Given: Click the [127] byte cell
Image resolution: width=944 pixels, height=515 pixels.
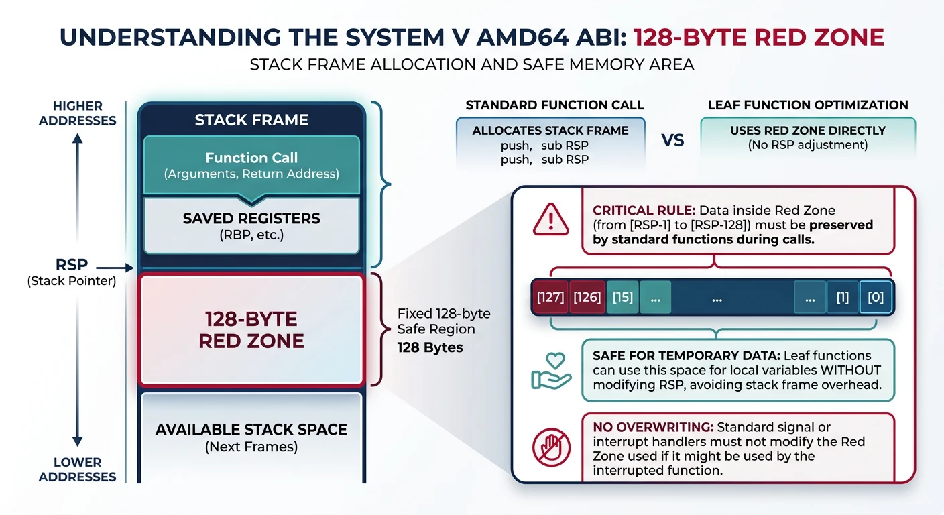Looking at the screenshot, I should pos(550,297).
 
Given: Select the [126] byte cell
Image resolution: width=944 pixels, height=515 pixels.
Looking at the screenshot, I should pos(587,297).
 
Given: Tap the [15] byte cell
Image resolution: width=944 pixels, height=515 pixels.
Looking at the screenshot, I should pos(623,297).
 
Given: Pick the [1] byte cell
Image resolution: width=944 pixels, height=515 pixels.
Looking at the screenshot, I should pos(842,297).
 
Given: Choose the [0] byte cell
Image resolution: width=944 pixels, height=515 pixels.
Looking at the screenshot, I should pos(876,297).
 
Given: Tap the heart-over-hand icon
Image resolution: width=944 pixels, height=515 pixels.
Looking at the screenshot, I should pos(550,370).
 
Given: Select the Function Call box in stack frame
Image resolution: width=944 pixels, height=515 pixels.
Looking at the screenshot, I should pos(251,165).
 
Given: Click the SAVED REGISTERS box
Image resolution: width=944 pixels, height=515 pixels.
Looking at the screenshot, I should pos(251,225).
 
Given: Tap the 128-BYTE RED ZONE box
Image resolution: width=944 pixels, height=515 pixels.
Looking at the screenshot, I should pos(251,329).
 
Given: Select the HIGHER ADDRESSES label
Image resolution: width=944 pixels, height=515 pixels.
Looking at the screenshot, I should pos(78,113).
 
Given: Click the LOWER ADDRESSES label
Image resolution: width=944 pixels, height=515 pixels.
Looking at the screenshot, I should pos(78,469).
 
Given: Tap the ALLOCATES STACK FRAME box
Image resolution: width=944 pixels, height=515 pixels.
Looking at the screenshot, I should pos(550,144).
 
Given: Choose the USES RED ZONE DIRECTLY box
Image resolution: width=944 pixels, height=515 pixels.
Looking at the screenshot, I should pos(808,137).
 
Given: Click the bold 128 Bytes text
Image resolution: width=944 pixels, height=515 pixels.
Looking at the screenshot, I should pos(429,347).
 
